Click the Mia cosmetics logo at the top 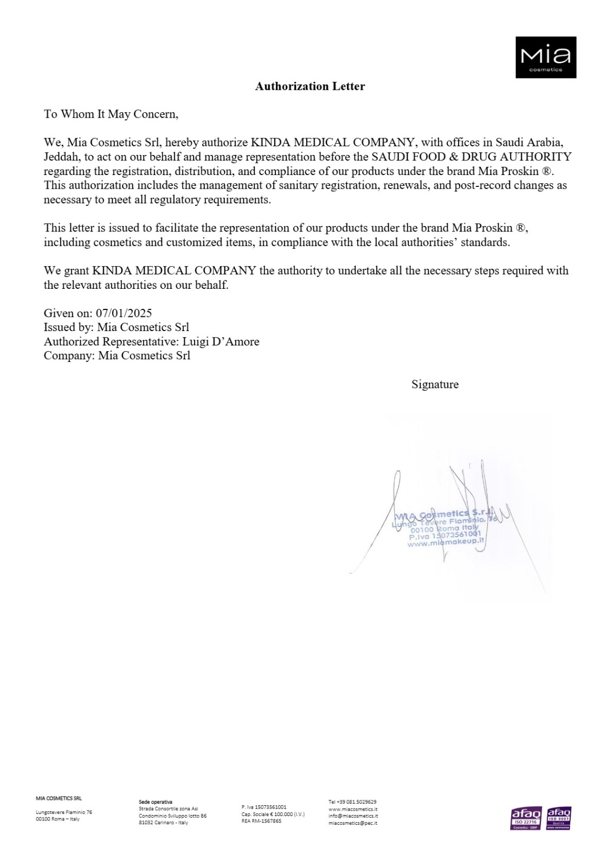pos(545,57)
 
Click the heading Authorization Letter pos(310,86)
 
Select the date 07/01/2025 pos(124,313)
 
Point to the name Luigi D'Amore pos(221,341)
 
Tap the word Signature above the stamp pos(435,384)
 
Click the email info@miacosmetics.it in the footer pos(353,816)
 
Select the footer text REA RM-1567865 pos(261,821)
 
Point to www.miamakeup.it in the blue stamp pos(445,543)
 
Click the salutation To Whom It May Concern pos(111,114)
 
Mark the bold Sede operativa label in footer pos(156,801)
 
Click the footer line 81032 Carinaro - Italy pos(164,823)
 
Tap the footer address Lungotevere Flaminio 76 pos(64,812)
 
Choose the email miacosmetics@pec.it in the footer pos(352,823)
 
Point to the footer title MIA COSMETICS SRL pos(59,798)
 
